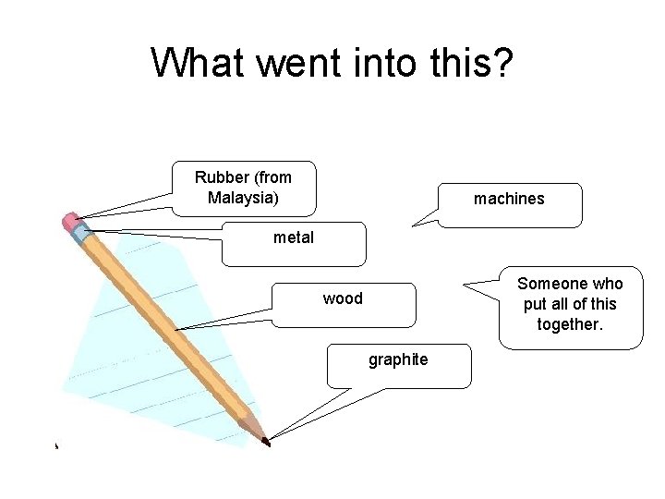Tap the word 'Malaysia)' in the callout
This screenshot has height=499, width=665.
tap(244, 198)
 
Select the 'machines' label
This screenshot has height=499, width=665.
tap(509, 199)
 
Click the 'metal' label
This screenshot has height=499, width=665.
tap(294, 237)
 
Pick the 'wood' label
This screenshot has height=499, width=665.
tap(343, 298)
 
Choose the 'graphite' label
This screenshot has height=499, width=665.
tap(398, 359)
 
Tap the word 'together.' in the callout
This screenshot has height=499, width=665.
tap(570, 324)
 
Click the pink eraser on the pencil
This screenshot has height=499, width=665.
tap(71, 221)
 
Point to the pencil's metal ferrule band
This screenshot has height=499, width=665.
tap(83, 231)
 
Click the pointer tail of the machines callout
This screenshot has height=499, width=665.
tap(425, 217)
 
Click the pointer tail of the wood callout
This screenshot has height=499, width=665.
tap(222, 320)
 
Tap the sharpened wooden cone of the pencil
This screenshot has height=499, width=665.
tap(253, 428)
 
